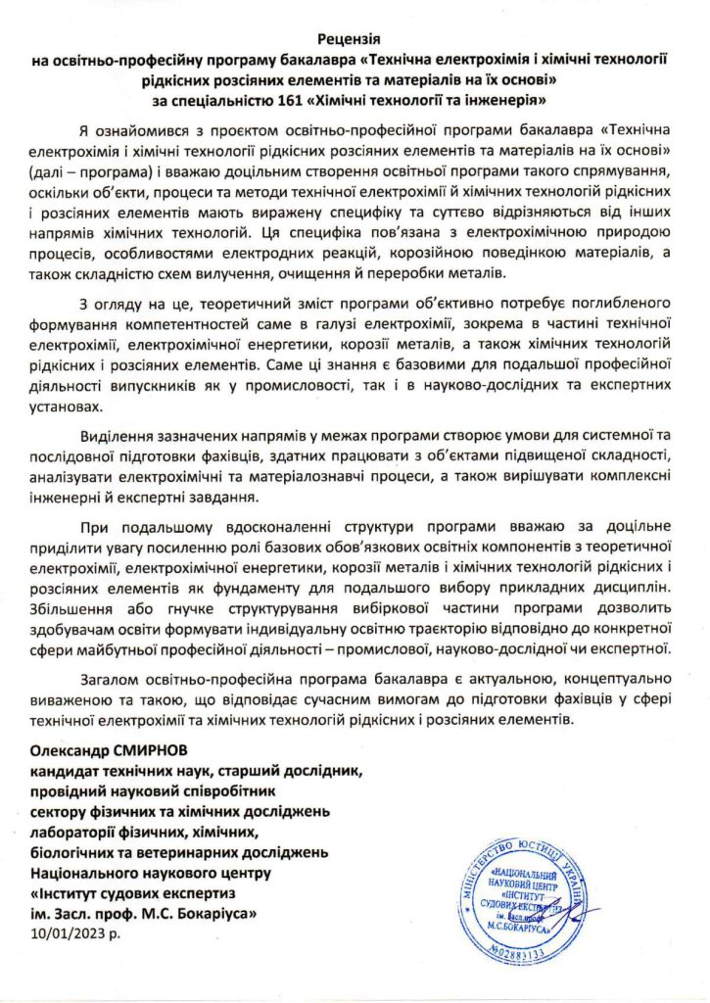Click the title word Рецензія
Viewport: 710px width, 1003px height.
(355, 40)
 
